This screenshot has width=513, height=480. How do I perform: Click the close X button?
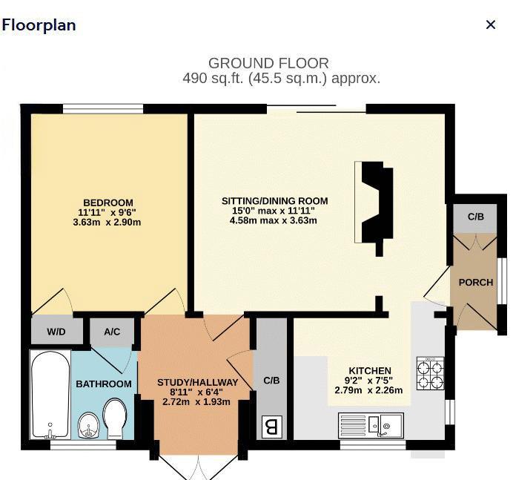(x=490, y=24)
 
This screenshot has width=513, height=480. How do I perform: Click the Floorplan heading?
(x=39, y=24)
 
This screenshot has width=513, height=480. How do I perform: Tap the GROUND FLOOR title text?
(x=268, y=64)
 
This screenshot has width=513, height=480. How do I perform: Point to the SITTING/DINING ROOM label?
(x=274, y=201)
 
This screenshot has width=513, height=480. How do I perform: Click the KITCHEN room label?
(x=370, y=371)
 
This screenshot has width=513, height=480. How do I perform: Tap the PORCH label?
(x=476, y=282)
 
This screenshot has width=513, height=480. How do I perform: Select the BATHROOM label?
(x=104, y=384)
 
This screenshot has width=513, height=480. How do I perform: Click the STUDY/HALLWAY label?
(x=197, y=383)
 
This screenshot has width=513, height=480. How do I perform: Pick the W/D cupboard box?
(x=56, y=332)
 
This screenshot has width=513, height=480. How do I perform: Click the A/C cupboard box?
(x=112, y=332)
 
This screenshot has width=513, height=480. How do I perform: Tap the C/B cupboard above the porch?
(x=476, y=217)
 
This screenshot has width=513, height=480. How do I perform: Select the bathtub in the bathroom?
(x=50, y=395)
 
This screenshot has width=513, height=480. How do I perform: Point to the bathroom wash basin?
(x=89, y=426)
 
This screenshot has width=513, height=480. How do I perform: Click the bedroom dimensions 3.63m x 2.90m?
(x=107, y=222)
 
